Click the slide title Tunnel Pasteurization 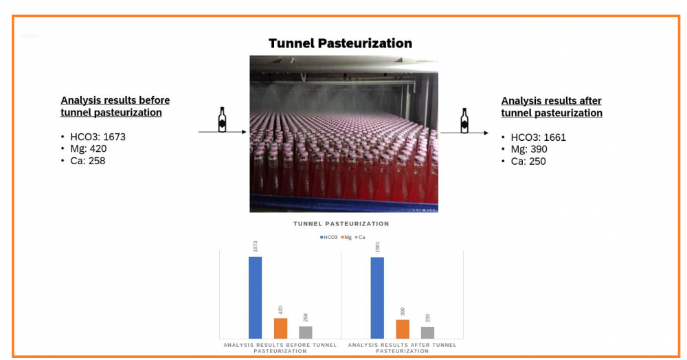341,43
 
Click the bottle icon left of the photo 222,120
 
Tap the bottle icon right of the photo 464,120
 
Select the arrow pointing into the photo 223,132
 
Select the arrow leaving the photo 464,133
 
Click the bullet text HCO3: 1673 98,137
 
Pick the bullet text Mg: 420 88,149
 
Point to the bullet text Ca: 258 88,161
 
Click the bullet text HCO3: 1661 539,137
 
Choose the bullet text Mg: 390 529,149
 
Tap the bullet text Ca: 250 528,161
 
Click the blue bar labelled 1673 255,297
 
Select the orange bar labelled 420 281,328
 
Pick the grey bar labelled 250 427,333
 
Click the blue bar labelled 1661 377,298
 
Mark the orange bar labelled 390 403,329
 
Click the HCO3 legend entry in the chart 329,238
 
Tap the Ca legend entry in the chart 360,238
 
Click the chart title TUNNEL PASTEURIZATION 341,224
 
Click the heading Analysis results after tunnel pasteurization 552,107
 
